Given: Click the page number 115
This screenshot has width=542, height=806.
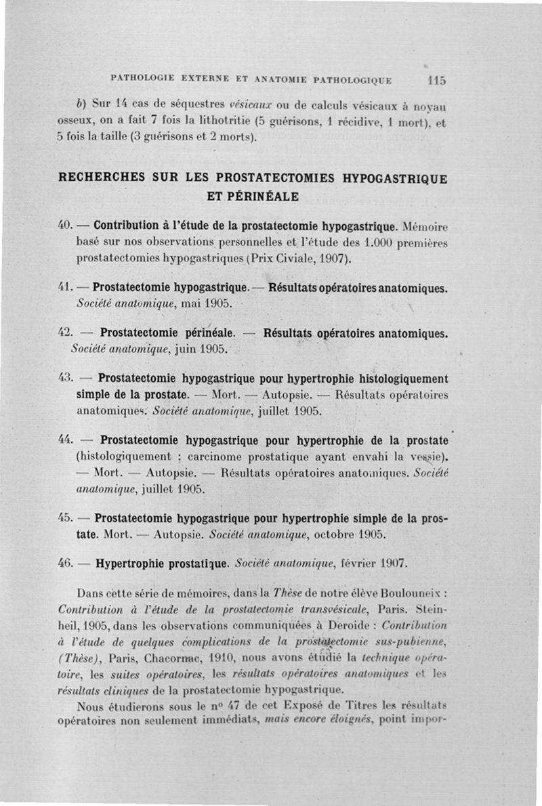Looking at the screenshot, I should [x=436, y=80].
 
